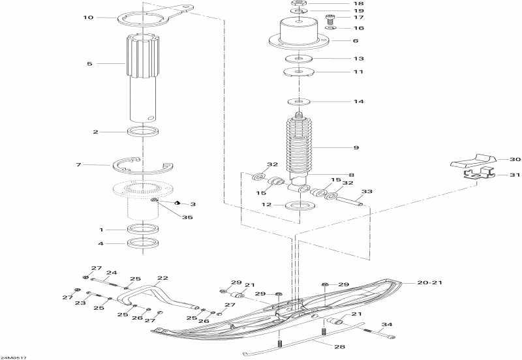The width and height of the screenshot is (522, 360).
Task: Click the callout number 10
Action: [x=88, y=18]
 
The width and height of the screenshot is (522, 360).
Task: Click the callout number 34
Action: [x=388, y=324]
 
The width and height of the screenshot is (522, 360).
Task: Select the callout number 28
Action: [x=339, y=346]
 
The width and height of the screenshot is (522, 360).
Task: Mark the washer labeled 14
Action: [x=298, y=102]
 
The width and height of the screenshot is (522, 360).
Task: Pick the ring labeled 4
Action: [x=144, y=244]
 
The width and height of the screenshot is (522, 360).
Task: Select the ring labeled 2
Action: [x=144, y=132]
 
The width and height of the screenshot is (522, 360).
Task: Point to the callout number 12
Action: [x=267, y=205]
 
